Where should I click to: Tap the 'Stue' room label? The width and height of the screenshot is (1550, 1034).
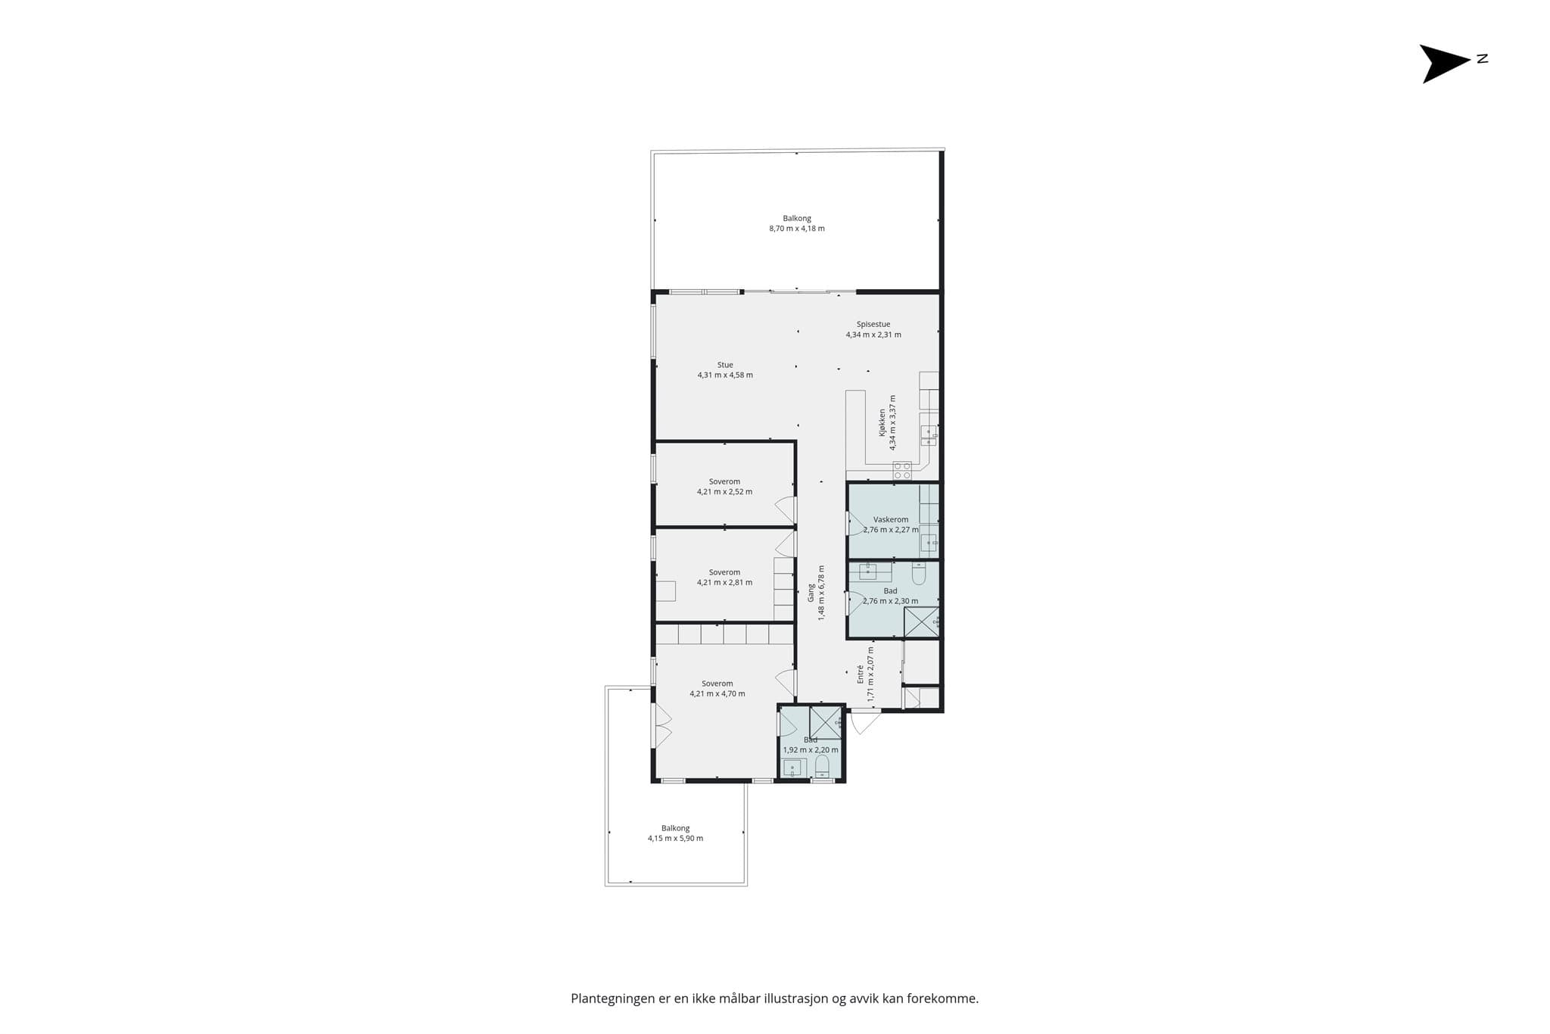pos(725,365)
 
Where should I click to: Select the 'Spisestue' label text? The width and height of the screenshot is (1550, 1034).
pos(873,324)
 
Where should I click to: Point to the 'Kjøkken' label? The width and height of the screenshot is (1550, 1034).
pos(882,423)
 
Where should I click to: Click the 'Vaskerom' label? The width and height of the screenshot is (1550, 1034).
pos(891,520)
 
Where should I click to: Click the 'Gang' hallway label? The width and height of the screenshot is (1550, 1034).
pos(811,592)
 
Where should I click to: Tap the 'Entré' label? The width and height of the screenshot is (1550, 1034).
pos(861,675)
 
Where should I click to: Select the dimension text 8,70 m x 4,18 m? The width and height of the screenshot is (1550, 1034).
pos(797,229)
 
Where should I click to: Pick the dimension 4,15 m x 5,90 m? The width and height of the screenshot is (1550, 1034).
pos(675,838)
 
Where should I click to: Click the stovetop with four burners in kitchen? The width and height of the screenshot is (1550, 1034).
pos(902,471)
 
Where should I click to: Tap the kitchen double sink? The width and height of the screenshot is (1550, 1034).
pos(929,435)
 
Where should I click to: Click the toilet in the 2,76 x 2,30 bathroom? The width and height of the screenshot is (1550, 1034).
pos(919,574)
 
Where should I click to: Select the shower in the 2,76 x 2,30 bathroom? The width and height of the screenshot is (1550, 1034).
pos(922,622)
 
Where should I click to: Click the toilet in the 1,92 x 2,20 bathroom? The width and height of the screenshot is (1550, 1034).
pos(822,766)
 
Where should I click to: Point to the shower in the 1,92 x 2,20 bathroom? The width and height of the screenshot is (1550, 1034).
pos(826,722)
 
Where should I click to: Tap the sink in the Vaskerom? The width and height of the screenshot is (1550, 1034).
pos(929,543)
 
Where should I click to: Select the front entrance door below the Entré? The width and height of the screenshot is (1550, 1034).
pos(866,721)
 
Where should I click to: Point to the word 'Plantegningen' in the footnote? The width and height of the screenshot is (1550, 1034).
pos(613,998)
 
